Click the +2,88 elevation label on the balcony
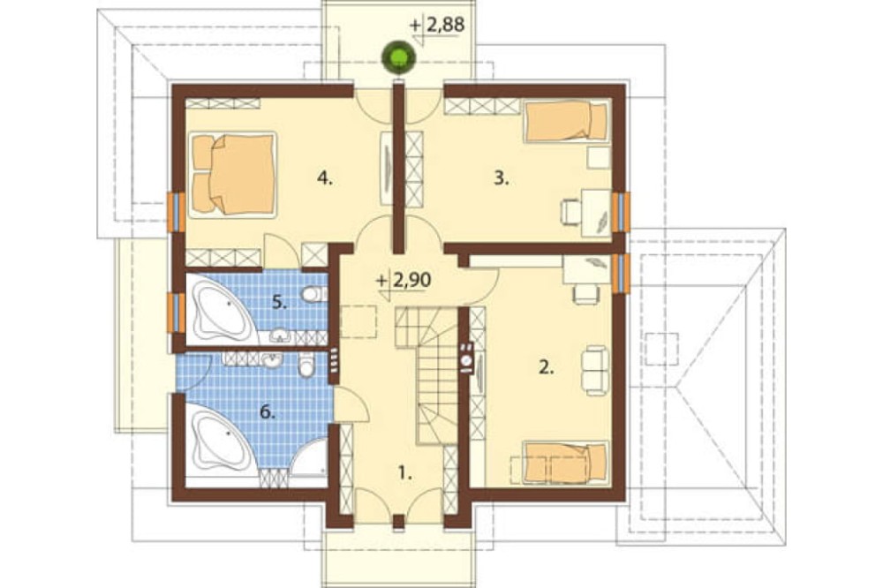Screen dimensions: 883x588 click(437, 26)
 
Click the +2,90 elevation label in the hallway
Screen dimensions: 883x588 click(404, 280)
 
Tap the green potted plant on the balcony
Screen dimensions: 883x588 click(399, 57)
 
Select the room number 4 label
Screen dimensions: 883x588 click(325, 178)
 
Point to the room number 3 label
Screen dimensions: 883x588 click(502, 178)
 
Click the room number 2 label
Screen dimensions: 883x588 click(547, 367)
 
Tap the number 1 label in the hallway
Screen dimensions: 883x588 click(405, 473)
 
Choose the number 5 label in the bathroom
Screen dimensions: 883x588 click(280, 303)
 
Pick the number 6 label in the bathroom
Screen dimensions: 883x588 click(268, 412)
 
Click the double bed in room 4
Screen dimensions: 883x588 click(232, 174)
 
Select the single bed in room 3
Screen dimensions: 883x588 click(567, 121)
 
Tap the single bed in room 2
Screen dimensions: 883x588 click(565, 463)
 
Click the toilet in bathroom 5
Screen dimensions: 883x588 click(313, 294)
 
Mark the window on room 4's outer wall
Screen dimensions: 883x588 click(177, 212)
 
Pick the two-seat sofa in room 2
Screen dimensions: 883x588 click(594, 370)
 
